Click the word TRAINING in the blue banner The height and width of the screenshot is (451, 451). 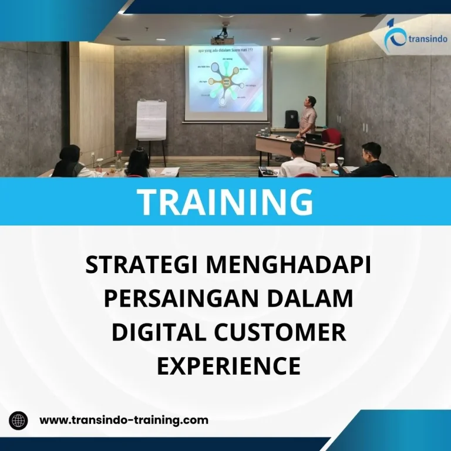(225, 201)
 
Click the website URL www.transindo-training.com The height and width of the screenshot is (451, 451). (124, 420)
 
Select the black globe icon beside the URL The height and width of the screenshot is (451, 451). (18, 420)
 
